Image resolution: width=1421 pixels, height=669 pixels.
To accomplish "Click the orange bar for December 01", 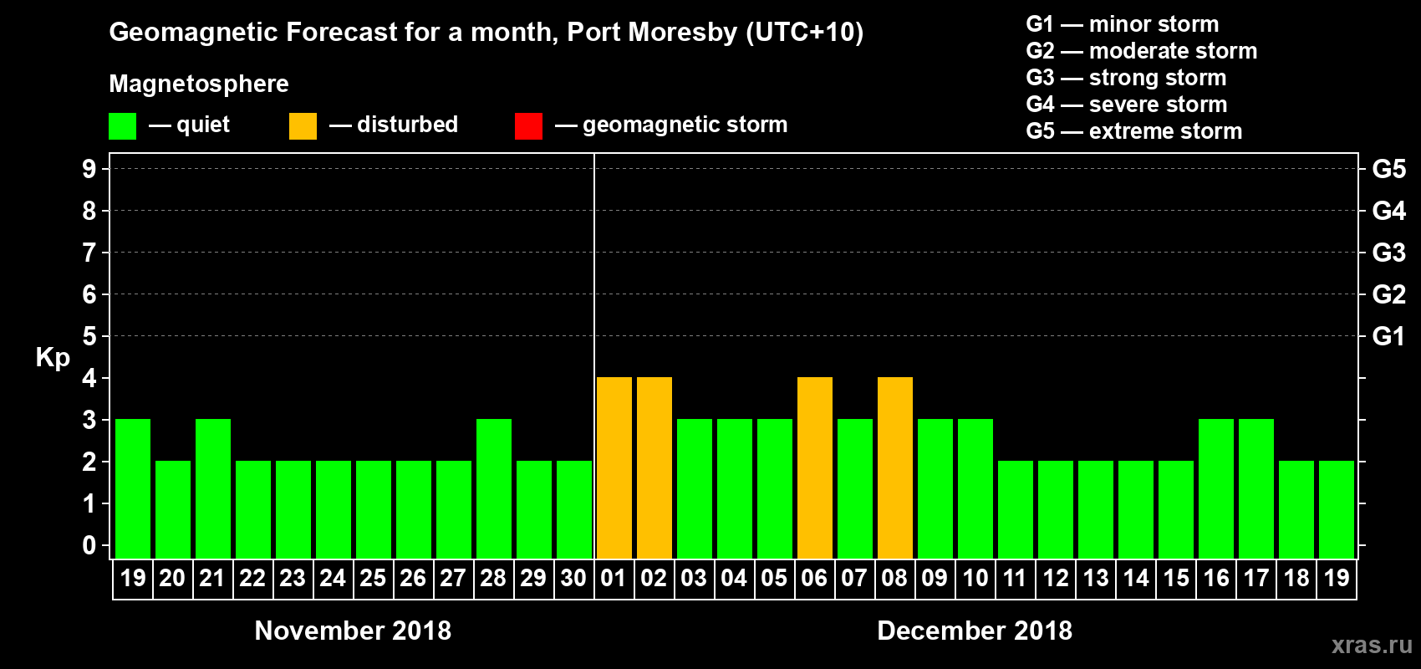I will click(x=614, y=468).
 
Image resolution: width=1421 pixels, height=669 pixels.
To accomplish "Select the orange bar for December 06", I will click(x=815, y=468).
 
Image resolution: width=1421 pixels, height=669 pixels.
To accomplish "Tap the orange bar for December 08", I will click(x=895, y=468).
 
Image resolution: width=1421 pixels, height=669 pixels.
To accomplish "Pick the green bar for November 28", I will click(x=494, y=489).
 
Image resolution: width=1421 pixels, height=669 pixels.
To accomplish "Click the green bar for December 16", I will click(x=1216, y=489).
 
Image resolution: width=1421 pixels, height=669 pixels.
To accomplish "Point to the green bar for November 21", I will click(x=213, y=489).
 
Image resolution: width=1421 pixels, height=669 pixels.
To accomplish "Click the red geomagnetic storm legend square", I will click(x=528, y=126).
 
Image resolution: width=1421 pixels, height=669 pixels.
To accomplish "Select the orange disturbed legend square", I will click(x=303, y=126).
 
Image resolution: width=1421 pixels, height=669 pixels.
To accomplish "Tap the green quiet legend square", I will click(x=123, y=126).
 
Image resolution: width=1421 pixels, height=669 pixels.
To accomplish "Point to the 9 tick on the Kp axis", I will click(x=89, y=169).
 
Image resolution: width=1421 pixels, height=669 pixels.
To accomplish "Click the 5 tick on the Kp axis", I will click(x=89, y=336).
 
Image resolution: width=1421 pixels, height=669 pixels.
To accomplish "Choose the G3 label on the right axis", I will click(x=1388, y=253).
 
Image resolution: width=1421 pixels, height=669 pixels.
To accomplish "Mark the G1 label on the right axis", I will click(x=1388, y=336).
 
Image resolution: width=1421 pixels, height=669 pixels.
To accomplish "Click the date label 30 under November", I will click(x=573, y=578).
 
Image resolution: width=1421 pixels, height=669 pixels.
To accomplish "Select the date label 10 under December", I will click(x=975, y=578).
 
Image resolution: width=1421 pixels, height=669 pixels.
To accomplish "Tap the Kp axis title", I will click(x=53, y=358).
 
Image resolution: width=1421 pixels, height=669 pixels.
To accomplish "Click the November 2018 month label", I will click(x=353, y=631).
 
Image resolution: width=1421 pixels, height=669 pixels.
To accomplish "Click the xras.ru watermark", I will click(x=1372, y=645).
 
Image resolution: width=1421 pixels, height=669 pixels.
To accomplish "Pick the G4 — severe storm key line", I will click(x=1127, y=105).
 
